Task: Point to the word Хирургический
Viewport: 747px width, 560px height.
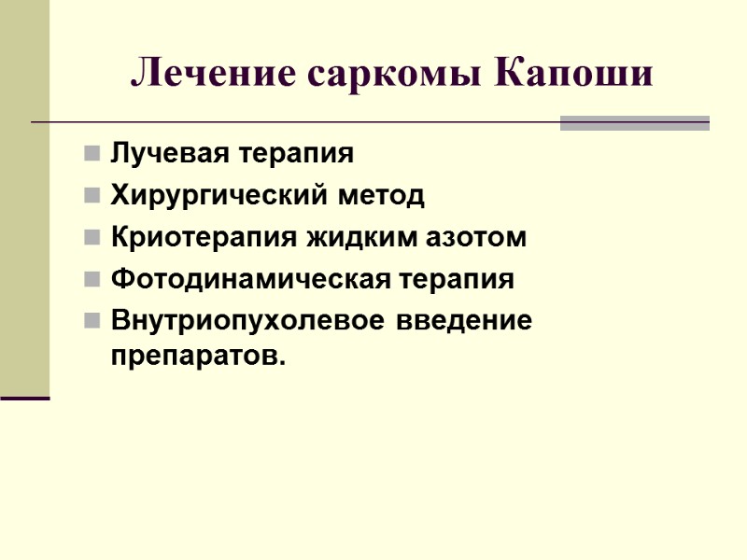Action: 214,196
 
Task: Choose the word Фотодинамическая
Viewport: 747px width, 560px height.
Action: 233,279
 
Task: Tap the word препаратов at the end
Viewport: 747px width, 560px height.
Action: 194,356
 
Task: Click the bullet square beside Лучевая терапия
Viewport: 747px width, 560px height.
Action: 92,153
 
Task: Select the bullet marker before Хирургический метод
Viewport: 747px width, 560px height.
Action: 92,196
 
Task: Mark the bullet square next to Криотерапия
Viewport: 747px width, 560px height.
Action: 92,238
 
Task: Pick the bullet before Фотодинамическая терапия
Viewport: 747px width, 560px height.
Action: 92,280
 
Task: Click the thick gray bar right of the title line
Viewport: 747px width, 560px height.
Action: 634,122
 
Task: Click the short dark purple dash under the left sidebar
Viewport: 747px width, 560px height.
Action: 24,399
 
